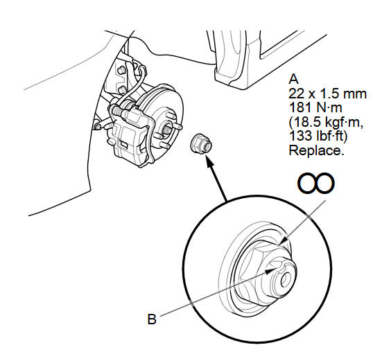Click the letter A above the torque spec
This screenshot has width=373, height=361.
[x=293, y=79]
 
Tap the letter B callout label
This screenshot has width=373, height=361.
[x=152, y=319]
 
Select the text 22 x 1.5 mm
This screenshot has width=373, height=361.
[x=327, y=94]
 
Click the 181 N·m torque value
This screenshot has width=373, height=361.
[x=315, y=107]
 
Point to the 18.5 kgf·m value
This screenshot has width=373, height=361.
[x=326, y=122]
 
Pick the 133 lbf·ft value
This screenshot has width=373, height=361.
[x=318, y=137]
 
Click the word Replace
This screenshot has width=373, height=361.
[x=316, y=150]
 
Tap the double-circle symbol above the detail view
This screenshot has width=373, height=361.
[x=316, y=183]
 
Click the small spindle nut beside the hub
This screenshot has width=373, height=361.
[x=201, y=143]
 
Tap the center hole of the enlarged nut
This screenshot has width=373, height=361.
[x=286, y=280]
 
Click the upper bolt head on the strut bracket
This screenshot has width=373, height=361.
[x=121, y=70]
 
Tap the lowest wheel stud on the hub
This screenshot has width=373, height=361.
[x=164, y=145]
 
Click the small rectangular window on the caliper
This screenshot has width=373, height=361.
[x=123, y=144]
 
